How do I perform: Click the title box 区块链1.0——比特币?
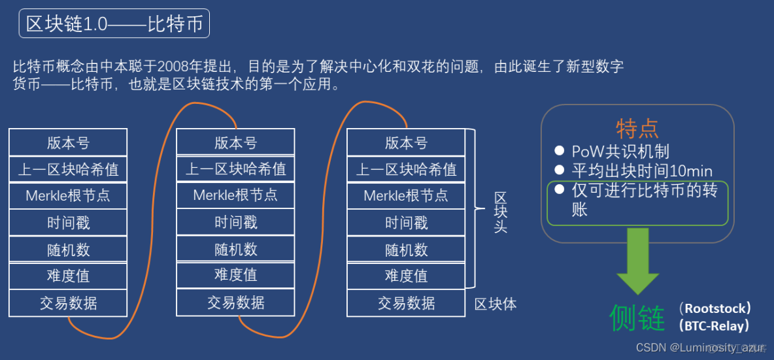point(114,25)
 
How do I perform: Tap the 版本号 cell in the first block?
point(68,142)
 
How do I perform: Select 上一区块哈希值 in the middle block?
point(235,169)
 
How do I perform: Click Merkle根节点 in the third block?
point(406,195)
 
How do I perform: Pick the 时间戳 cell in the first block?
point(68,223)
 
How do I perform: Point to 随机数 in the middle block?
point(235,249)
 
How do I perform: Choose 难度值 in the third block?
point(406,276)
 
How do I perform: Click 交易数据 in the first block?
point(68,303)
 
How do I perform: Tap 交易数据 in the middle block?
point(235,303)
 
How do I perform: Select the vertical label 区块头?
point(500,212)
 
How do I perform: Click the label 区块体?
point(495,304)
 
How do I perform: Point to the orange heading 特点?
point(637,129)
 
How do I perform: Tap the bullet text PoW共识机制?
point(620,152)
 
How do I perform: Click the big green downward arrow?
point(637,261)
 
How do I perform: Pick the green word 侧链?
point(637,318)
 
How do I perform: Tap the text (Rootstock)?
point(715,308)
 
